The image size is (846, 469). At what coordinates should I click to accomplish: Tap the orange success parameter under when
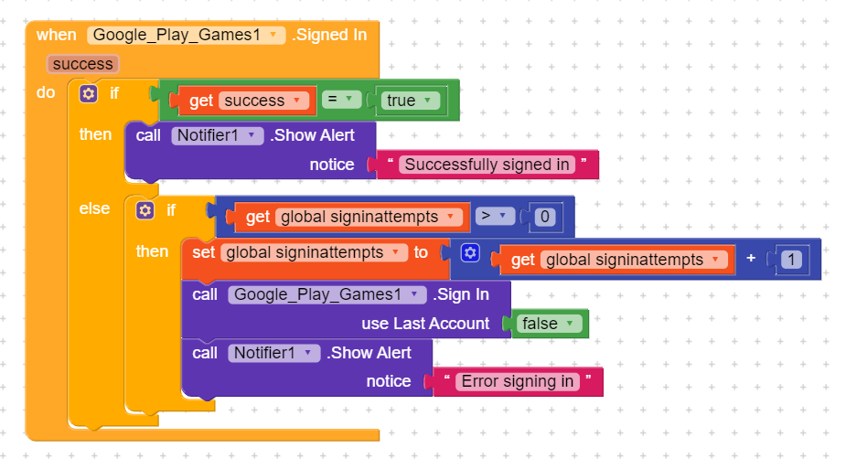82,64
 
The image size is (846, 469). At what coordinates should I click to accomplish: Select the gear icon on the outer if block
89,93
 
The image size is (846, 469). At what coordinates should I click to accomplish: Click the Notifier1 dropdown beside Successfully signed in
217,135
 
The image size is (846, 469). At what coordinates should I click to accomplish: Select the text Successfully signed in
487,165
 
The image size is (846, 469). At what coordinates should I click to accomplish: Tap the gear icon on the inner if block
145,210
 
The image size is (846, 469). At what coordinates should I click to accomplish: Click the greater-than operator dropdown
495,217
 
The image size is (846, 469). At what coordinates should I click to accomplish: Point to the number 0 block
544,217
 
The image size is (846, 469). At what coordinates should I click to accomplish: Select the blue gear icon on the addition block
470,252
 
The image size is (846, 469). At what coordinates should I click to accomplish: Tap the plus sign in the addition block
751,259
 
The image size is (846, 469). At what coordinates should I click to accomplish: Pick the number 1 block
790,260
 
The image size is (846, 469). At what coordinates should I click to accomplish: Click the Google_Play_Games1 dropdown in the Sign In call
327,294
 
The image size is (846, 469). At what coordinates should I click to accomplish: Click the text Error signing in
518,381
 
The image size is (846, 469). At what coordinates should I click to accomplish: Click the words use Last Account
425,324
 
